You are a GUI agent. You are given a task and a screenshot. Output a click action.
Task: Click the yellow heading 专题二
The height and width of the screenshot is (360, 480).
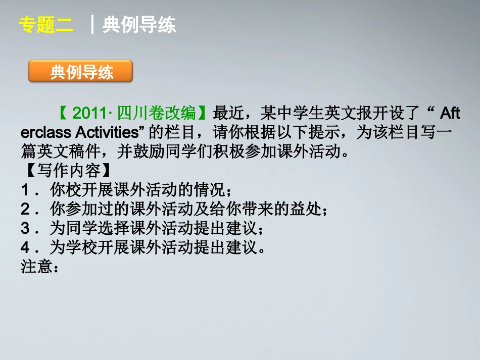[x=45, y=25]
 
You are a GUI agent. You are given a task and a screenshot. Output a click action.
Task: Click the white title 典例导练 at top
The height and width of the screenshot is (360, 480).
[x=139, y=25]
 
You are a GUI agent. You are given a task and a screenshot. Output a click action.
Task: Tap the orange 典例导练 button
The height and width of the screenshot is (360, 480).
[x=81, y=72]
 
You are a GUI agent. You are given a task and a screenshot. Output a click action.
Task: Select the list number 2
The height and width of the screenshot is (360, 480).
[x=26, y=209]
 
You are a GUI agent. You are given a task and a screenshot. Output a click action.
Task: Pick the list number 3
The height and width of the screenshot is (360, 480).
[x=26, y=228]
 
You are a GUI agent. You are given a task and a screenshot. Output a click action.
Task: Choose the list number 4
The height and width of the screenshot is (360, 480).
[x=26, y=247]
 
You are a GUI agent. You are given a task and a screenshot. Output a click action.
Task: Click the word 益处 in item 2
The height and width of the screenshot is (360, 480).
[x=306, y=209]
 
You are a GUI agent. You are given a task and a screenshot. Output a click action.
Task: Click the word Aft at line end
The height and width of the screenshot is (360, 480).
[x=450, y=112]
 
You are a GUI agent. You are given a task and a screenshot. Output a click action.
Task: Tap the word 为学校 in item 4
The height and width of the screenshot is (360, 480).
[x=69, y=247]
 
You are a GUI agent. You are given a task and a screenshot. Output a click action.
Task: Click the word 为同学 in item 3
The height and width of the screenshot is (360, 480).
[x=69, y=228]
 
